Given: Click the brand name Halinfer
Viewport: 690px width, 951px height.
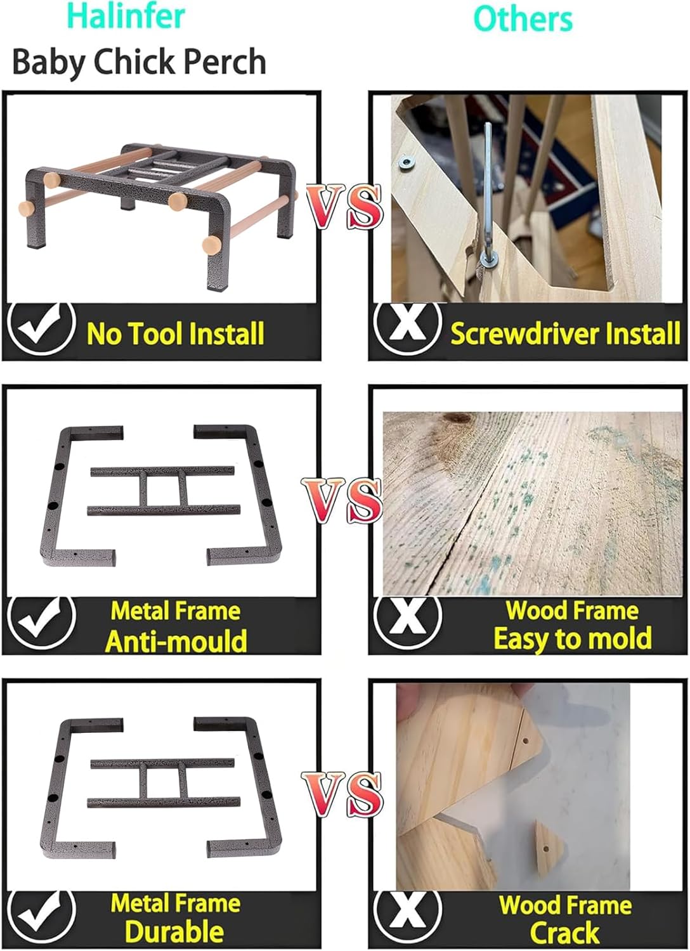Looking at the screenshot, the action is click(x=126, y=16).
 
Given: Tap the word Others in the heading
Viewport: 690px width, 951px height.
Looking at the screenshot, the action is click(x=523, y=19).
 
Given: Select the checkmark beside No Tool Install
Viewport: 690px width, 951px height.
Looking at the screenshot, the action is click(x=42, y=329).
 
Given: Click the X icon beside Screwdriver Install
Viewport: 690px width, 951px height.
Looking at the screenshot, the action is click(x=408, y=329).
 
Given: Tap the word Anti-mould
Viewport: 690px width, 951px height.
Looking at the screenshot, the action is click(x=176, y=640).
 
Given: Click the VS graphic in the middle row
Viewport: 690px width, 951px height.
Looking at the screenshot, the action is click(x=342, y=501).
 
